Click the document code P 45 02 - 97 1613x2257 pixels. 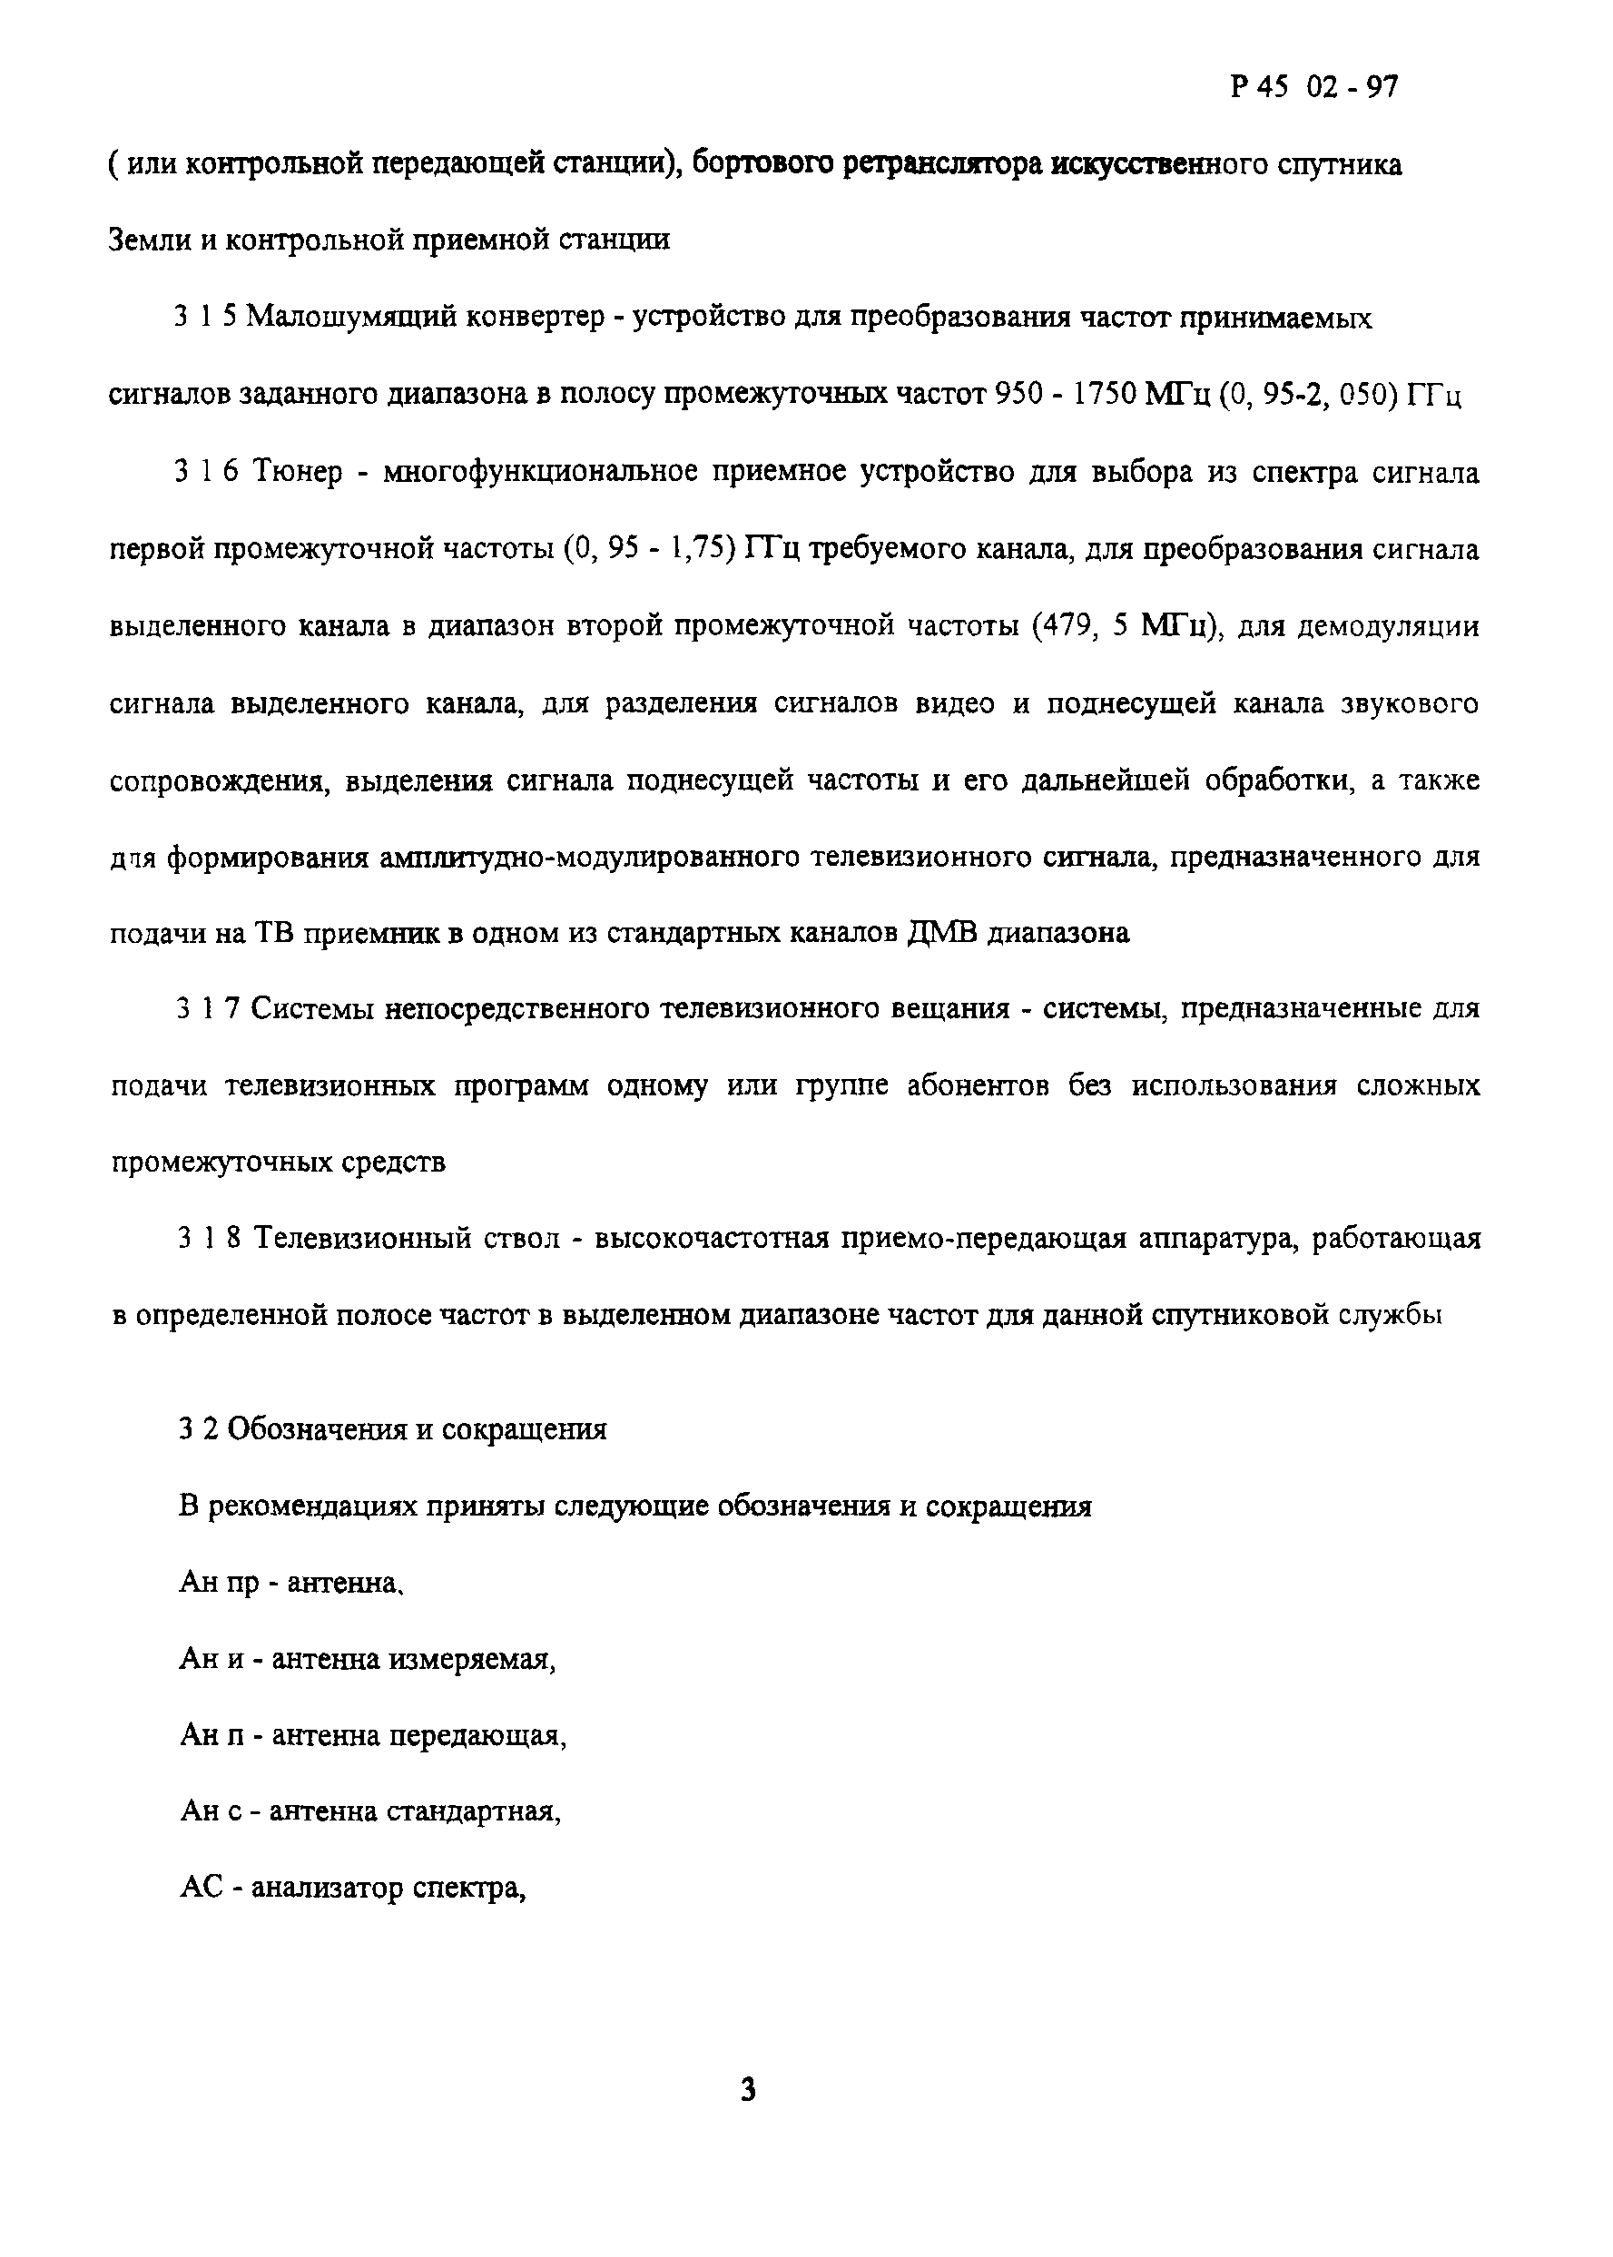(1313, 87)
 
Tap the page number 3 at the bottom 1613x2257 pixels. (749, 2090)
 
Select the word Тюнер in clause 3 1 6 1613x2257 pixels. (298, 472)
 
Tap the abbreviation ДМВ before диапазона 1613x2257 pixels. (942, 933)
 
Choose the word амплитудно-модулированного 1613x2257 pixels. (589, 857)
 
